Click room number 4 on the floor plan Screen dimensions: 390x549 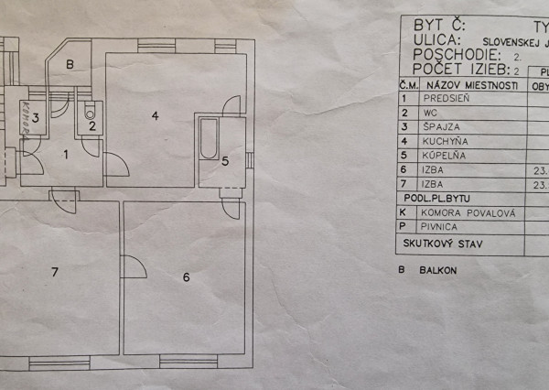[x=156, y=115]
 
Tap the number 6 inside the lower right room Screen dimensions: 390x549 [x=186, y=277]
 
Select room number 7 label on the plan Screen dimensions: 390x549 [x=55, y=272]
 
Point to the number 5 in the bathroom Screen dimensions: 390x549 [x=225, y=161]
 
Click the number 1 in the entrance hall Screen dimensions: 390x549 [x=65, y=154]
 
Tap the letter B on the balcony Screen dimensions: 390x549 [x=70, y=65]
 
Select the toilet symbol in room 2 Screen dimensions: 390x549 [x=91, y=114]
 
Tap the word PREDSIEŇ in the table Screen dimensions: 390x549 [x=447, y=97]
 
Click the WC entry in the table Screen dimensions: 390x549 [x=431, y=112]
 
